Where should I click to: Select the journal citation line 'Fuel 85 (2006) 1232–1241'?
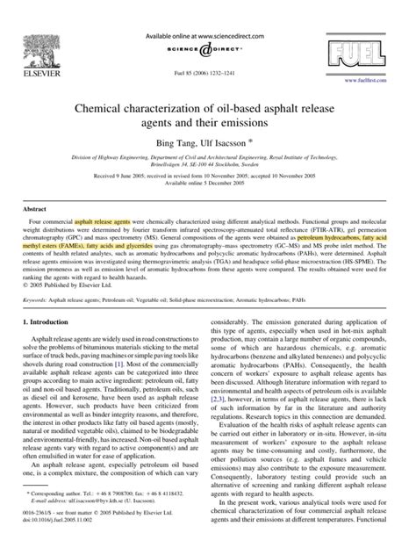coord(207,56)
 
